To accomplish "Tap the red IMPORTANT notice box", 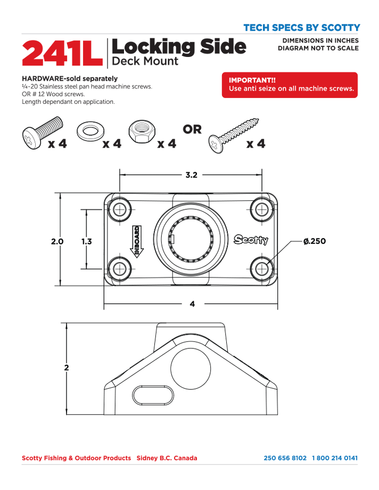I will click(290, 85).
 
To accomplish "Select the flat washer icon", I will click(92, 132).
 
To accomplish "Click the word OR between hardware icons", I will click(192, 129).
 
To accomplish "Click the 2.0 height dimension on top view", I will click(57, 241).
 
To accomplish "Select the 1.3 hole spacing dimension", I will click(86, 241).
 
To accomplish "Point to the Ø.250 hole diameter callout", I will click(314, 241).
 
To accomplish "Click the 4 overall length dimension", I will click(192, 304).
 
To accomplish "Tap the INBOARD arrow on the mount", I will click(136, 242).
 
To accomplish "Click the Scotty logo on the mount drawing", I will click(252, 240).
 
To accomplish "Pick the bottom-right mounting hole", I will click(260, 267).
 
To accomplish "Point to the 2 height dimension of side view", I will click(67, 367).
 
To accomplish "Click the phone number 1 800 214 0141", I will click(335, 458).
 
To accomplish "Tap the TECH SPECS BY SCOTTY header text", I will click(301, 28).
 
